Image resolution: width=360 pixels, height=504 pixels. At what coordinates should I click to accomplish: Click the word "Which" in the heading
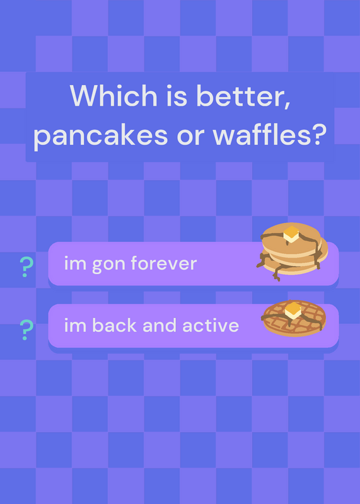pos(113,96)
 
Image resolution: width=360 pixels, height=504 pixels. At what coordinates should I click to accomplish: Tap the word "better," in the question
pos(243,96)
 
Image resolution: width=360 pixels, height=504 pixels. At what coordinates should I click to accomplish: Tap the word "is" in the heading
pos(177,96)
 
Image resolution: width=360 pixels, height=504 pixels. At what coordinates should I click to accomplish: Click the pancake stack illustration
pos(292,251)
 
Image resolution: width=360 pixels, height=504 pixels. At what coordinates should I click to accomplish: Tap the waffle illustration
pos(293,318)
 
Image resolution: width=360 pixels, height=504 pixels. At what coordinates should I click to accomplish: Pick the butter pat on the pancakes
pos(291,234)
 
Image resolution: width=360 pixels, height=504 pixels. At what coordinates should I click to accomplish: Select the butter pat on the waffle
pos(293,311)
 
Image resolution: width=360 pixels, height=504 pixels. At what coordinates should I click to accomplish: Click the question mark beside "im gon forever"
pos(26,266)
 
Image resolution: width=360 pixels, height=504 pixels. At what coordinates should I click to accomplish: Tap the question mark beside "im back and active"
pos(26,330)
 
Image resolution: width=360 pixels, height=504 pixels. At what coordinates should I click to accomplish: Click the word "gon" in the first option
pos(108,265)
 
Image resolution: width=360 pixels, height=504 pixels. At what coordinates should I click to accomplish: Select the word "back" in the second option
pos(114,325)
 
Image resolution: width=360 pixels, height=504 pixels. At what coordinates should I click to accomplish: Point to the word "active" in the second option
pos(211,325)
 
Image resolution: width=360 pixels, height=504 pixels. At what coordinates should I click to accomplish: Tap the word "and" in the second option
pos(160,325)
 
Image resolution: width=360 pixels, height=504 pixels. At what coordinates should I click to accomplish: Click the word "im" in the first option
pos(75,264)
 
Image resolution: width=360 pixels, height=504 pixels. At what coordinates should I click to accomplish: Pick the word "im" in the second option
pos(75,326)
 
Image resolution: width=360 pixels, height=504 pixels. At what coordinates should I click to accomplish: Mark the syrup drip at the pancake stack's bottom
pos(277,274)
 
